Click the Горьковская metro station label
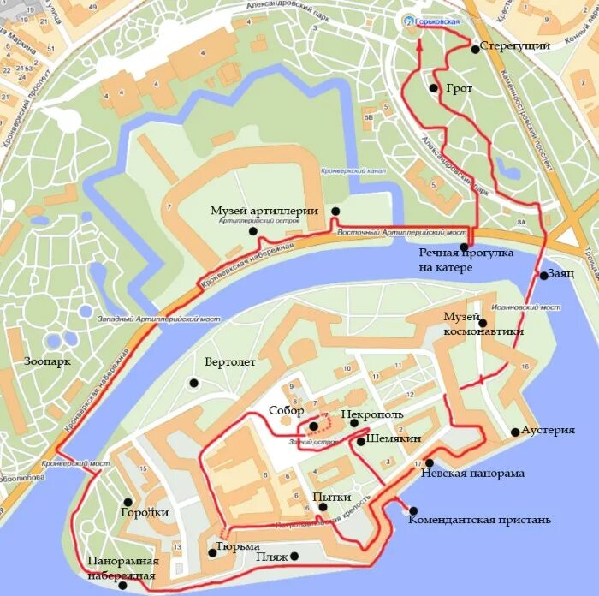437,21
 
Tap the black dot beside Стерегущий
475,50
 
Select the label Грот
459,88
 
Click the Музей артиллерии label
265,211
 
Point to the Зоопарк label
48,361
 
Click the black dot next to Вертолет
194,383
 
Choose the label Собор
286,410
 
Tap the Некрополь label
371,414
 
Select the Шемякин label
393,438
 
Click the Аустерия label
548,430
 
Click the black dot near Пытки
323,508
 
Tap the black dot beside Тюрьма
212,552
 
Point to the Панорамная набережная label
123,568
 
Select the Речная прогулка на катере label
466,261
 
